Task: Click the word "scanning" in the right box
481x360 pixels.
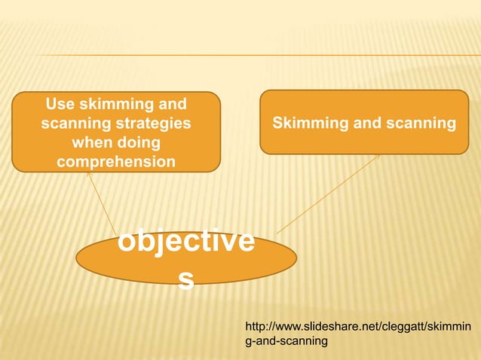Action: (419, 122)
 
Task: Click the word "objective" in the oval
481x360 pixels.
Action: (185, 243)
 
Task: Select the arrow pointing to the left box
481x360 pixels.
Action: (102, 202)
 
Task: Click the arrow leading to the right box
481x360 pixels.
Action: (327, 194)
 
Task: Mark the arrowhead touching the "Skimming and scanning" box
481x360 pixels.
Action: (377, 157)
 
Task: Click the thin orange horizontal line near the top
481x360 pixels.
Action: (256, 55)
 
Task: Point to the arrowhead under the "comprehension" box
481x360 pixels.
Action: (88, 173)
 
